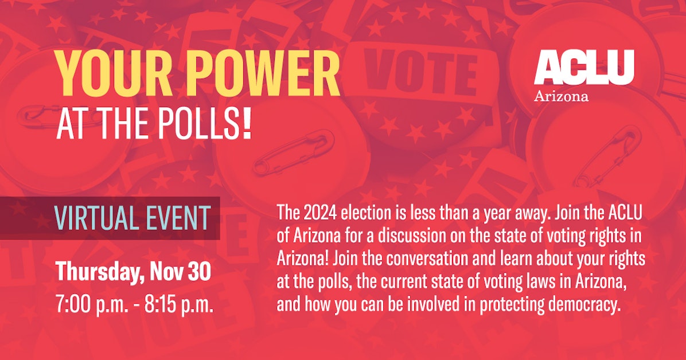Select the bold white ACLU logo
tap(584, 67)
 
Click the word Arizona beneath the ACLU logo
tap(561, 96)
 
